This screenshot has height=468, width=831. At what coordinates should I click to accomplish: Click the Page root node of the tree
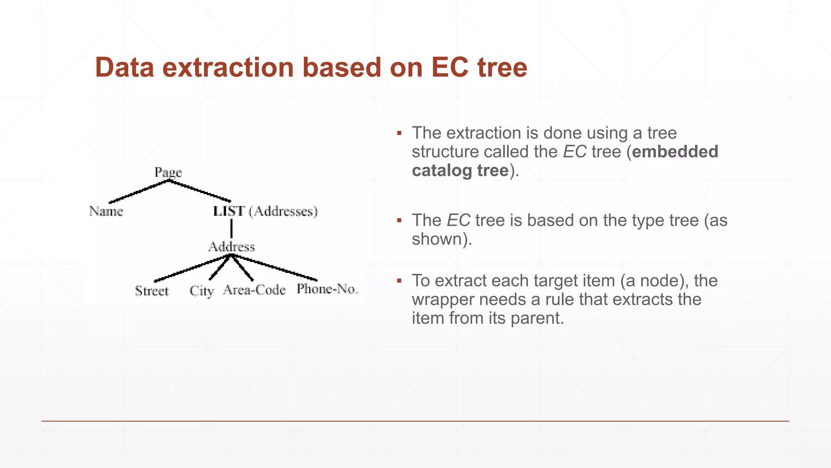click(x=168, y=172)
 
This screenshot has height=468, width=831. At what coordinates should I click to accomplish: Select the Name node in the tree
click(x=106, y=211)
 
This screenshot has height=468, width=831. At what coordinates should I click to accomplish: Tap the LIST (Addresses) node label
click(x=265, y=211)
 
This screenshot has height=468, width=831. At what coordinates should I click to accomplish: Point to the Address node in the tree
click(x=231, y=247)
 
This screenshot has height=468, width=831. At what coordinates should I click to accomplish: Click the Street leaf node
click(x=151, y=291)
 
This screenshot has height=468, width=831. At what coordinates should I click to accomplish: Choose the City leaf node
click(x=202, y=291)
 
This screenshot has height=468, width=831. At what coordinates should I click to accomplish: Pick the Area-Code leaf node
click(x=254, y=290)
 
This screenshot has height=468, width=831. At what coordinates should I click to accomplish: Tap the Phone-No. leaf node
click(x=327, y=289)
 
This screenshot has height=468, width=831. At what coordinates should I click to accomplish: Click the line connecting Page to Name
click(x=138, y=192)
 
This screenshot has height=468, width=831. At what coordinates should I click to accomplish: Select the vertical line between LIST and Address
click(x=231, y=229)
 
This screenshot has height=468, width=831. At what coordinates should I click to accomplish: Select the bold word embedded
click(x=675, y=152)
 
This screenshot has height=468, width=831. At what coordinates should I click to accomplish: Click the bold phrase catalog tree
click(x=460, y=170)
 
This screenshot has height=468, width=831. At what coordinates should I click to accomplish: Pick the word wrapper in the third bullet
click(x=443, y=299)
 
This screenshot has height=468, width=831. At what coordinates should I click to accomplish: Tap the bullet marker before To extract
click(x=399, y=281)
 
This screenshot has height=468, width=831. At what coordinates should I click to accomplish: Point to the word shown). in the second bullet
click(x=442, y=239)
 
